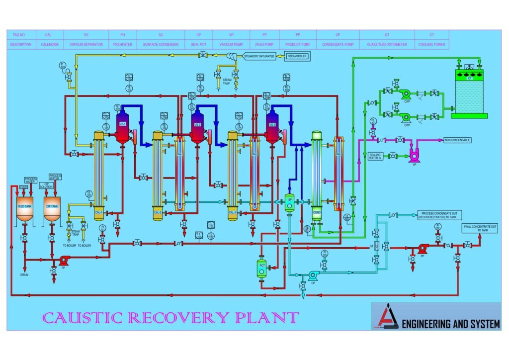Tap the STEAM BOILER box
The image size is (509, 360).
pyautogui.click(x=297, y=56)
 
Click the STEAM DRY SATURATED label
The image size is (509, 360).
pyautogui.click(x=259, y=56)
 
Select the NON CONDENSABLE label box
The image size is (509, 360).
pyautogui.click(x=457, y=140)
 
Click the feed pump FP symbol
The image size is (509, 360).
pyautogui.click(x=64, y=260)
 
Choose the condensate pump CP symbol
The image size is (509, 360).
pyautogui.click(x=313, y=274)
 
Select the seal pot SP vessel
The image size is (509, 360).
pyautogui.click(x=289, y=203)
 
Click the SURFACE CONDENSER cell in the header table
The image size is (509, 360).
pyautogui.click(x=160, y=44)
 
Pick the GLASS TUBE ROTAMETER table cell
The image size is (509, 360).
pyautogui.click(x=387, y=44)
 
